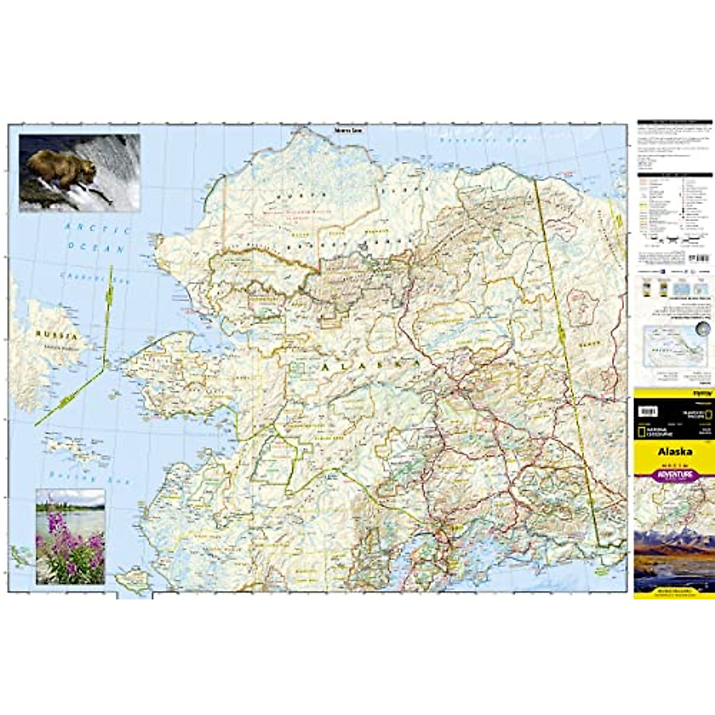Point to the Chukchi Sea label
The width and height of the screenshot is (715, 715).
pos(86,278)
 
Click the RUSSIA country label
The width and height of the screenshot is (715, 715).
pos(57,335)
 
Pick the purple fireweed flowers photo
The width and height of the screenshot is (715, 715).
pos(70,536)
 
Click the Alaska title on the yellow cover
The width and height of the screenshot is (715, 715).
pos(674,452)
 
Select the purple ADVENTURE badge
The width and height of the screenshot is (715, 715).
pos(674,475)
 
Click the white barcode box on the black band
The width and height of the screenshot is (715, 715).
pos(648,411)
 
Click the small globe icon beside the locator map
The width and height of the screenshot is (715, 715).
pos(704,329)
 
